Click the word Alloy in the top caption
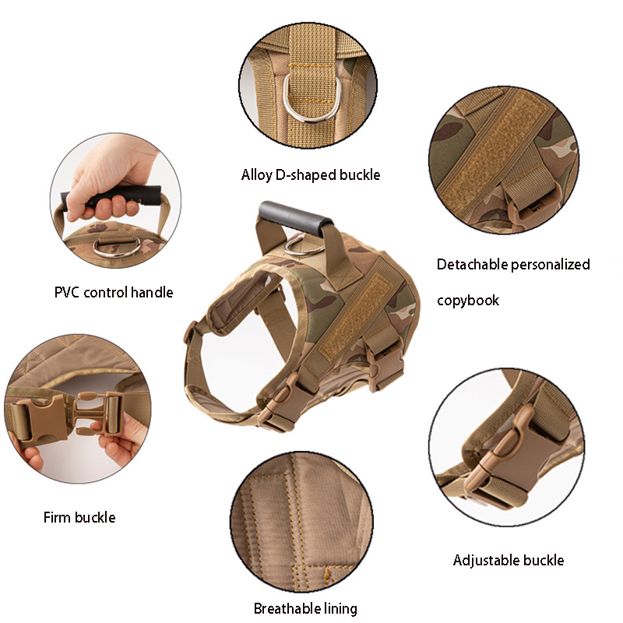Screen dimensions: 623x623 tap(257, 174)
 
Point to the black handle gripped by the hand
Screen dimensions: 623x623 tap(111, 196)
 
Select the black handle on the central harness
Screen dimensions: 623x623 tap(295, 218)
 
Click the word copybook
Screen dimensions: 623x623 tap(468, 301)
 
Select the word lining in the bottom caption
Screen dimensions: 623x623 tap(340, 608)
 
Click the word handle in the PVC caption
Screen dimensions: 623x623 tap(152, 293)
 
